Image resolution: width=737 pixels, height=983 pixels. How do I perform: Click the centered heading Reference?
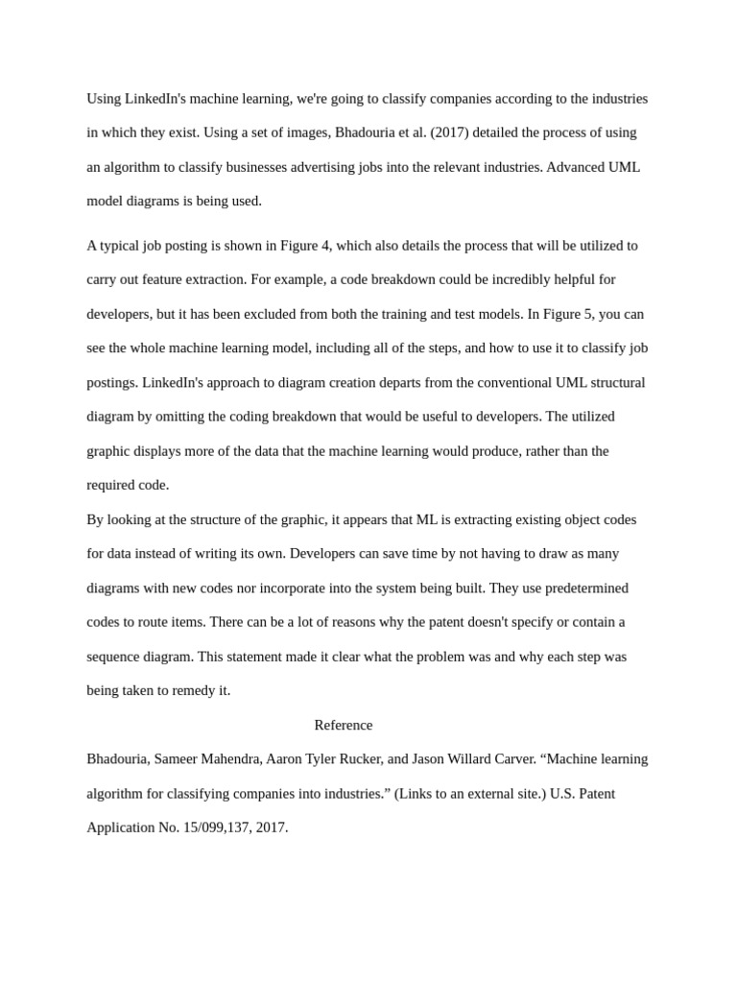point(343,725)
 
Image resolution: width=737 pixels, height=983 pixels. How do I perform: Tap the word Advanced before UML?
point(575,167)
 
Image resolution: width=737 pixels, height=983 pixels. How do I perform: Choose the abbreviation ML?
point(427,519)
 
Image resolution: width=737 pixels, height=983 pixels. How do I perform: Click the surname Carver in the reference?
point(511,759)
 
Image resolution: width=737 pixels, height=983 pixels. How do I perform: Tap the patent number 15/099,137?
point(217,827)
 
